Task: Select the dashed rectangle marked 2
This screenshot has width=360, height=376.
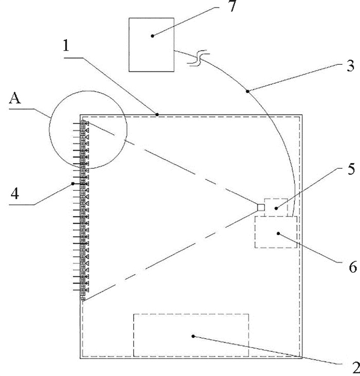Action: pos(191,334)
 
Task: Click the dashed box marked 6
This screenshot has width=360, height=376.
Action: pos(276,232)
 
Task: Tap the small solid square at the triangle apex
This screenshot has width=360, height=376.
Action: pos(261,207)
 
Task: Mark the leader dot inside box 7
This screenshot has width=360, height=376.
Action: pos(152,35)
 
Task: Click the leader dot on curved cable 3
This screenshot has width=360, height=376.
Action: pos(248,92)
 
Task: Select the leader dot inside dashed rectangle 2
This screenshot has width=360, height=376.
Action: pos(193,336)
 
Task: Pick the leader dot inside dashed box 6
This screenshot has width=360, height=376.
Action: pos(278,234)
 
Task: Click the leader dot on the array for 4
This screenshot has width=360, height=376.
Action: pos(74,183)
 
